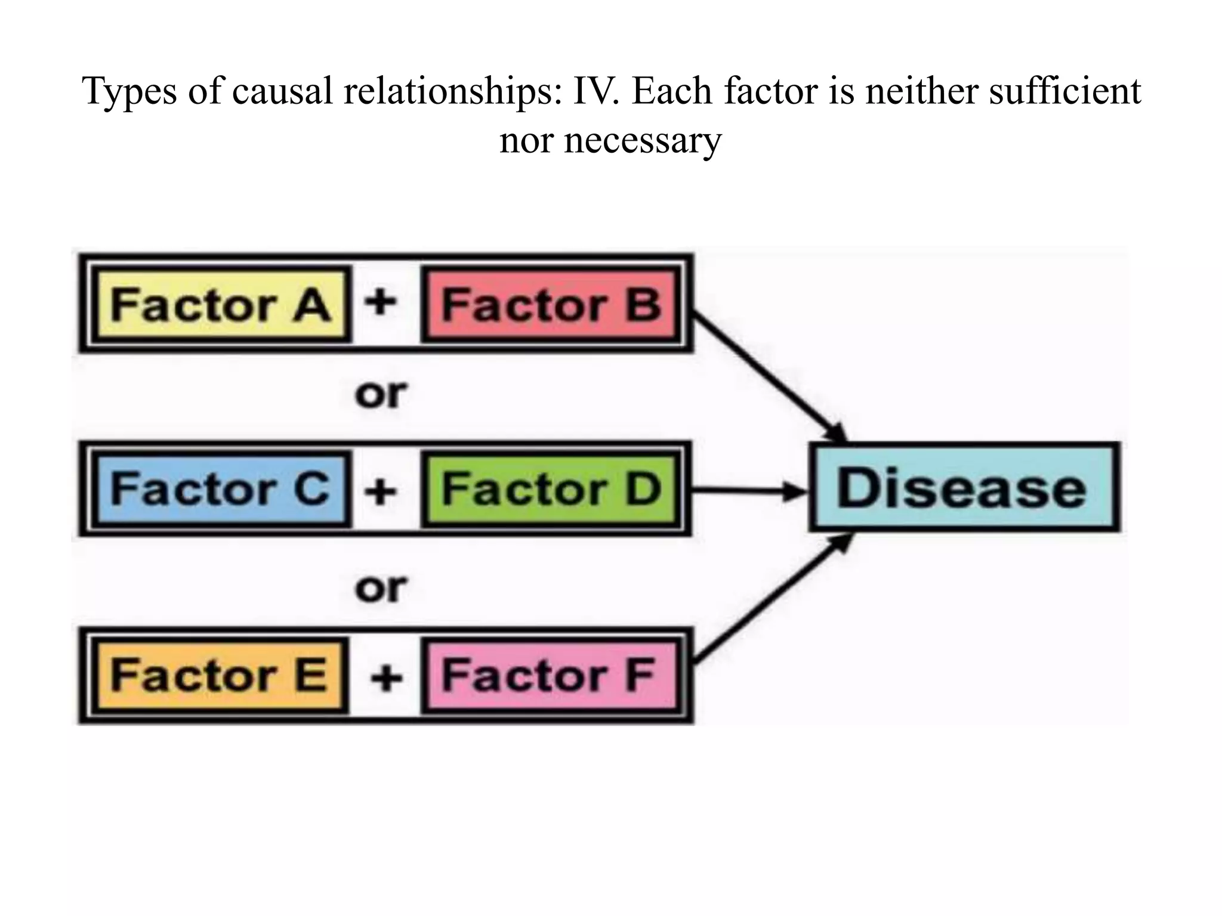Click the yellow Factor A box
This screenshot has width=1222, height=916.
coord(220,305)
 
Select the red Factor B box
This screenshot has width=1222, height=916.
coord(551,305)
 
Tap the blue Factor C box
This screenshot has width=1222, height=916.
coord(220,489)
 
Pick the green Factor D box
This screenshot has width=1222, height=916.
coord(551,489)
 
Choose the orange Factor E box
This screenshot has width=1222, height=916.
coord(219,676)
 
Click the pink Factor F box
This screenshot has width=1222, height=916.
coord(550,676)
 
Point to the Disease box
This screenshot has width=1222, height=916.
coord(963,488)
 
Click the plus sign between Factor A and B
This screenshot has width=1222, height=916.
coord(381,302)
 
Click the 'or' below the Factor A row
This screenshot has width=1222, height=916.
coord(381,394)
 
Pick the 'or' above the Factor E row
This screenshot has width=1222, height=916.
coord(381,589)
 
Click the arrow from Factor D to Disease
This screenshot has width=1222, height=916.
coord(749,491)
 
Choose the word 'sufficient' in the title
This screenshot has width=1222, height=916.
coord(1064,92)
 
